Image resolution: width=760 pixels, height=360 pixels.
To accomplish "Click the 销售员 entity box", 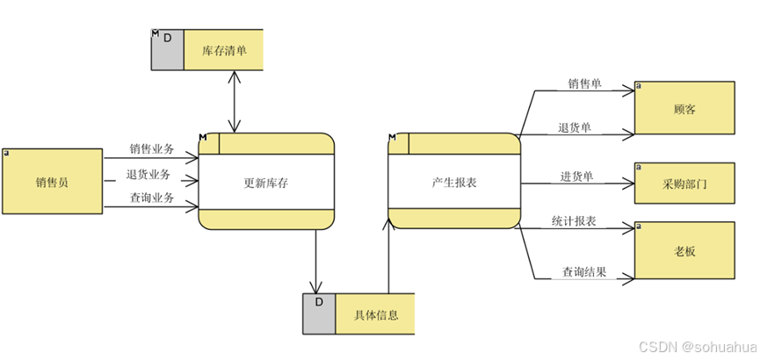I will (52, 182).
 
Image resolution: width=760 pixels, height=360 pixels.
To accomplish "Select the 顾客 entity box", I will (684, 109).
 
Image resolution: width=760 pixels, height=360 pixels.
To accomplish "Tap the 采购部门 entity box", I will (684, 185).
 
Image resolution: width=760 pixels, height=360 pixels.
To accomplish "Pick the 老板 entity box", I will (684, 250).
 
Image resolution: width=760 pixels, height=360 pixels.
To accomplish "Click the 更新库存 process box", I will (266, 183).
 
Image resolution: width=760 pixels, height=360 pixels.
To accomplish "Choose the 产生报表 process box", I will (453, 183).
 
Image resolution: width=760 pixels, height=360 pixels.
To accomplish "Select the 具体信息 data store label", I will (376, 314).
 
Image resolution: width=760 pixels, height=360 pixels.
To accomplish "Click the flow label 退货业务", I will (148, 174).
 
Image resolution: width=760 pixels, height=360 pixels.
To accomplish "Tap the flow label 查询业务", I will (151, 198).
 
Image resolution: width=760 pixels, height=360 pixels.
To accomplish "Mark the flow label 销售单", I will (583, 84).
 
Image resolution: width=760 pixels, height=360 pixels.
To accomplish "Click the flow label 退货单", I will (574, 127).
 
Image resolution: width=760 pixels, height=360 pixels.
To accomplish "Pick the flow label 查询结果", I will (583, 272).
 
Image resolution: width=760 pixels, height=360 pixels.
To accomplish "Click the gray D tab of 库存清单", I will (167, 50).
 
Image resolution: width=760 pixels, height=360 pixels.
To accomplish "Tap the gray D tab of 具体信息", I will (319, 314).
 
